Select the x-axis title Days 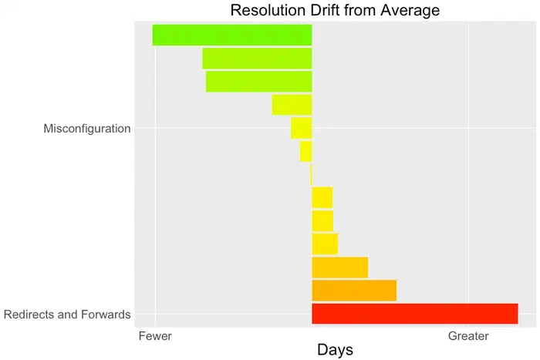pos(335,349)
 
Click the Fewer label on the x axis pos(155,336)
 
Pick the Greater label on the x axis pos(468,336)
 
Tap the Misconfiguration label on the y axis pos(87,129)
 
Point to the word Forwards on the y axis pos(105,315)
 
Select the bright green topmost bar pos(232,35)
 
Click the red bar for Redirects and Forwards pos(414,314)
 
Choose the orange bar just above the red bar pos(353,291)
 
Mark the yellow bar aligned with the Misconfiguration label pos(301,128)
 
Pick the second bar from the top pos(257,59)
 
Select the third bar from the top pos(258,82)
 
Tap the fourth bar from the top pos(292,105)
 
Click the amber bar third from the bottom pos(339,267)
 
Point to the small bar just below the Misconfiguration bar pos(305,151)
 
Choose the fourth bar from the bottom pos(325,244)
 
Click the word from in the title pos(357,11)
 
